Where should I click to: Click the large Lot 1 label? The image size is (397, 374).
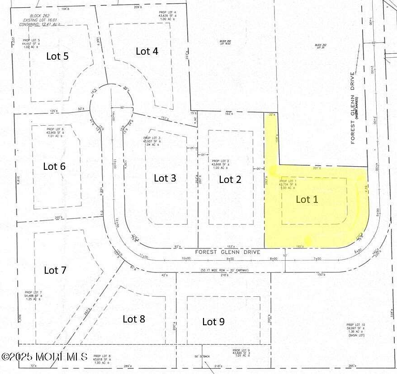[307, 199]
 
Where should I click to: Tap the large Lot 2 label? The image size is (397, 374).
[230, 179]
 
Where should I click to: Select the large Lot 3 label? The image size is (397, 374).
[165, 178]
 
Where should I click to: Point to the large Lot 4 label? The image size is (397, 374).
[147, 51]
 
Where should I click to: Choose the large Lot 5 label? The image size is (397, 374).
[57, 56]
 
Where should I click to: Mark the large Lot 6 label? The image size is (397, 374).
[54, 166]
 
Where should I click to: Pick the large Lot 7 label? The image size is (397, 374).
[55, 270]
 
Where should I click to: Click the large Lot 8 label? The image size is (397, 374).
[134, 319]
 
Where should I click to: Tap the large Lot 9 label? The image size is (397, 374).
[213, 322]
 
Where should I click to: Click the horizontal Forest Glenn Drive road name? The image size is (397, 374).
[227, 252]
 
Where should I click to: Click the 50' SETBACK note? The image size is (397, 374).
[202, 357]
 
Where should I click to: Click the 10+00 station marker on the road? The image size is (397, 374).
[186, 259]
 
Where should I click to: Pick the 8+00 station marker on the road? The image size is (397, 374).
[273, 259]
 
